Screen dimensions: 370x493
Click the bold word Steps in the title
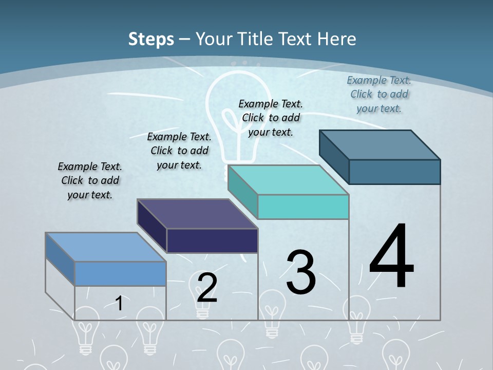[151, 39]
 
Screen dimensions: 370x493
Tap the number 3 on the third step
[301, 272]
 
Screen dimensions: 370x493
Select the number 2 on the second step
[207, 287]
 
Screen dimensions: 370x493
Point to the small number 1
[119, 303]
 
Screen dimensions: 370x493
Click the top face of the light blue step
[106, 247]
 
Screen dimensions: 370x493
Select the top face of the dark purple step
[197, 213]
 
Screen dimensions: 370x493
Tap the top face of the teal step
[288, 180]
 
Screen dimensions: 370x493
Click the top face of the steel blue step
[380, 144]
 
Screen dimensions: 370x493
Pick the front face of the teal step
[303, 207]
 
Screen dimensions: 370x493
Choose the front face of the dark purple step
[212, 241]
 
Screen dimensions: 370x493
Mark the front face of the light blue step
[120, 274]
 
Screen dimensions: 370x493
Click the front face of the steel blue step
[394, 172]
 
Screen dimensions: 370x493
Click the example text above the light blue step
[90, 180]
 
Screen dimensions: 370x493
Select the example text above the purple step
[179, 151]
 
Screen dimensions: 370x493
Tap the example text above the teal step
[271, 118]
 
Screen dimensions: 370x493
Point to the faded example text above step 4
[379, 94]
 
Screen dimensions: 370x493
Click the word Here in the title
[337, 39]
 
